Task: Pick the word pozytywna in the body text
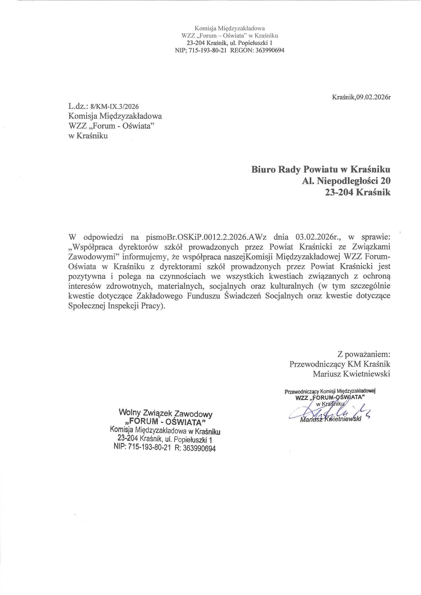coord(87,276)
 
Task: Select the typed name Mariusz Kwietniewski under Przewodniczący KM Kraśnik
coord(351,374)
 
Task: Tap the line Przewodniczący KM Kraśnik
coord(340,364)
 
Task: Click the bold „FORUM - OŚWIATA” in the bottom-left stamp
coord(165,422)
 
